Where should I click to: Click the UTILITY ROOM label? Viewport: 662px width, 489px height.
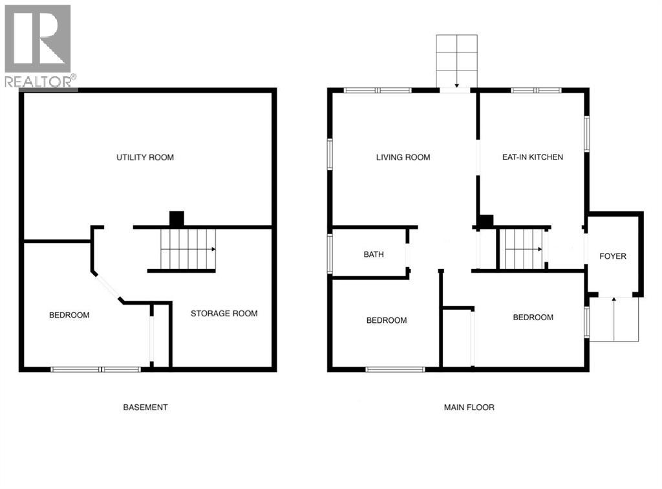(145, 158)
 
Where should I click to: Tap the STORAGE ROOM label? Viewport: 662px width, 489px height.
(224, 313)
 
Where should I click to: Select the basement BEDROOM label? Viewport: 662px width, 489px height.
(69, 315)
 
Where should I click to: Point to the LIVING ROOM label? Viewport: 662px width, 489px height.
(403, 158)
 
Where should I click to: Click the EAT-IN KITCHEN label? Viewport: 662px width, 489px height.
(533, 157)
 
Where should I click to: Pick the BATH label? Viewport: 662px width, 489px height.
(374, 254)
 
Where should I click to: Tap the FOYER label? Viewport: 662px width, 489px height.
(613, 256)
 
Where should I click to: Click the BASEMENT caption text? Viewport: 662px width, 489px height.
(145, 407)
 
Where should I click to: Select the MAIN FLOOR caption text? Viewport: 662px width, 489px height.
(469, 407)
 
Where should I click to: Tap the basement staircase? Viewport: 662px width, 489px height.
(188, 249)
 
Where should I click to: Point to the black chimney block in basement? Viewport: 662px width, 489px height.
(177, 219)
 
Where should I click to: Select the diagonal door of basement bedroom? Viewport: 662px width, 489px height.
(108, 287)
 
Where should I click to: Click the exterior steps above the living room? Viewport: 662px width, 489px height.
(456, 61)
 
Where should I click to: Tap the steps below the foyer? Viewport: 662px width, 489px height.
(614, 320)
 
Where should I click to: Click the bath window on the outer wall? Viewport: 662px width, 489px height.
(330, 254)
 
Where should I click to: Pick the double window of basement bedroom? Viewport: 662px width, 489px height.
(96, 369)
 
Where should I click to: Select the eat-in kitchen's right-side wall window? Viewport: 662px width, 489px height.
(586, 133)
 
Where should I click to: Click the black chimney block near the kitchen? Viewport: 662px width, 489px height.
(486, 221)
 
